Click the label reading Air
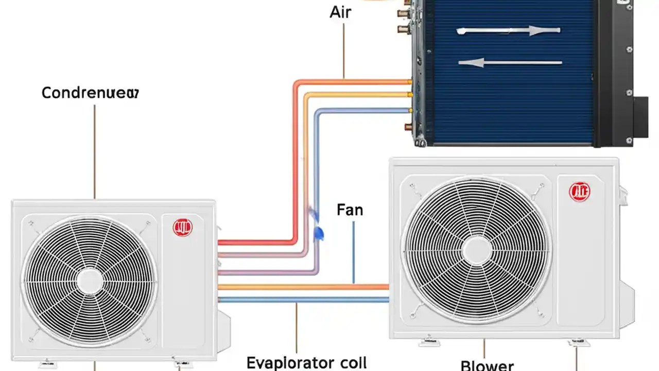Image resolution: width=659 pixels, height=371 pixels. (x=340, y=12)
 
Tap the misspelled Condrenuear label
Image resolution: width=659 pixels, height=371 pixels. (x=90, y=93)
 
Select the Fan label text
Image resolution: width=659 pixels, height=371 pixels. (x=350, y=210)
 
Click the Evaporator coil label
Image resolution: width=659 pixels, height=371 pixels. (x=307, y=362)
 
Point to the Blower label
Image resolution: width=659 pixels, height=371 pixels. (x=487, y=365)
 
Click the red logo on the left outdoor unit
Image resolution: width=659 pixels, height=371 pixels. (x=182, y=227)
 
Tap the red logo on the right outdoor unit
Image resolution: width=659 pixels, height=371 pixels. (x=579, y=191)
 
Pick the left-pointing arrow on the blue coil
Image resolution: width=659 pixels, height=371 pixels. (x=509, y=63)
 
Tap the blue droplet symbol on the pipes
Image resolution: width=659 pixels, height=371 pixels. (x=319, y=233)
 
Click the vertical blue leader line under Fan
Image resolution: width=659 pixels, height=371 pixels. (x=354, y=252)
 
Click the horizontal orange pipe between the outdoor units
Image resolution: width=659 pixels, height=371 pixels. (x=304, y=287)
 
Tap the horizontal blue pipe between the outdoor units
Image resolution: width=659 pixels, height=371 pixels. (x=304, y=299)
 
